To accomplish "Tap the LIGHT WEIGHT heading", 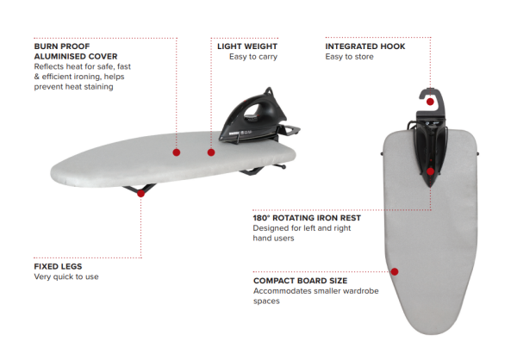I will tap(246, 45).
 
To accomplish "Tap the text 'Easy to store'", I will tap(351, 56).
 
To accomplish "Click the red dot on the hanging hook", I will tap(430, 102).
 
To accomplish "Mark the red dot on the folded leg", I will tap(141, 193).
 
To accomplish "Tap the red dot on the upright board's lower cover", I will tap(395, 271).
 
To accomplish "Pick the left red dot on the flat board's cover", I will tap(176, 152).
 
